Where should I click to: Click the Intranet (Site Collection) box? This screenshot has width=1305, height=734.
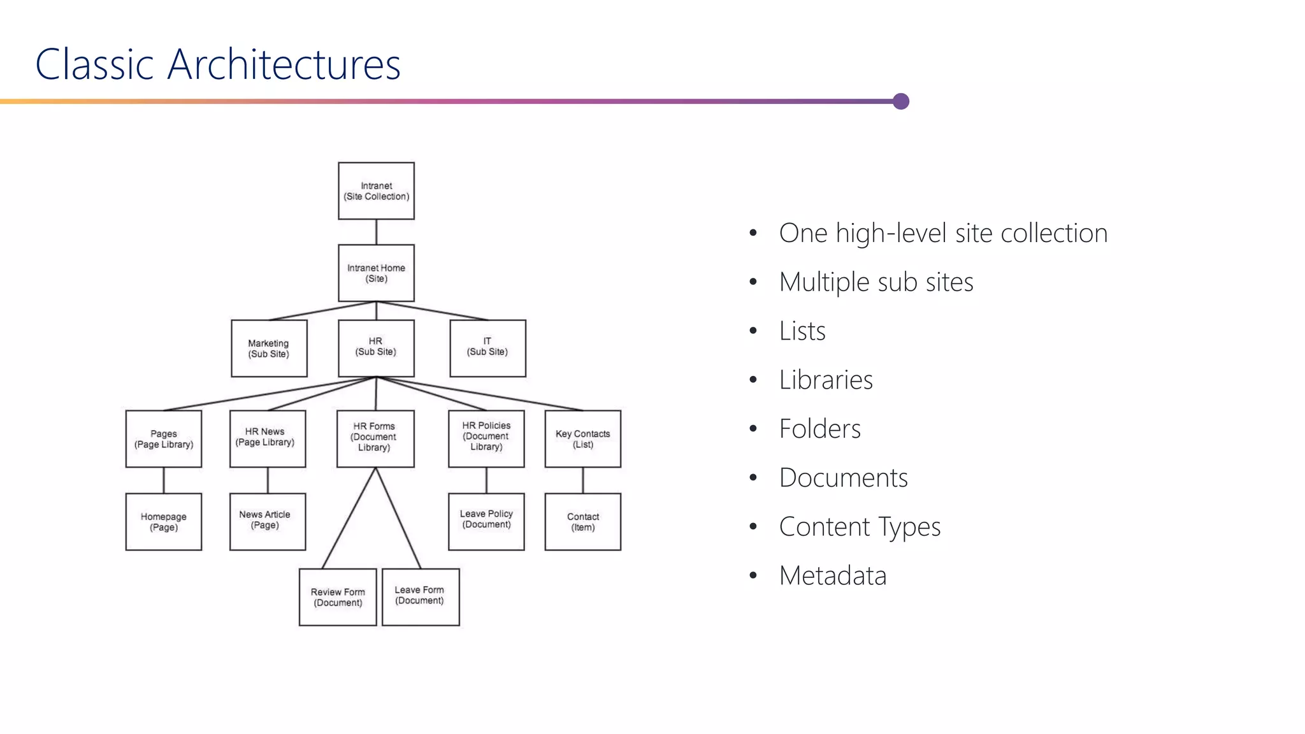(x=376, y=191)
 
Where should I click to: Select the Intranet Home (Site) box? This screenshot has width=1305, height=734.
(x=376, y=273)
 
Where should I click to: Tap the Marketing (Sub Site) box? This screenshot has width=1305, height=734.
(x=269, y=349)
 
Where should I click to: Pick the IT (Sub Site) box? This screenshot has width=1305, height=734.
(x=487, y=349)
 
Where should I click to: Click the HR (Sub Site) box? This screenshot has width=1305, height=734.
(x=376, y=349)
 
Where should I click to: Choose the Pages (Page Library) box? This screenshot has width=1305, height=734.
(x=164, y=439)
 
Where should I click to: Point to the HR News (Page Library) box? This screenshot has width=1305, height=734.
(x=268, y=439)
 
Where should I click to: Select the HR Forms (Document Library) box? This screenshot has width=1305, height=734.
(x=375, y=439)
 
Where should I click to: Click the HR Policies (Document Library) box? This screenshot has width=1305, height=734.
(x=486, y=439)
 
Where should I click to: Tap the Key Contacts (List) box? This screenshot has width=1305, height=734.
(x=582, y=439)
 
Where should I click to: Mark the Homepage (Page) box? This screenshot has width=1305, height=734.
(x=164, y=522)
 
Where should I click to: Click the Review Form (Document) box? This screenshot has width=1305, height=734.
(x=338, y=597)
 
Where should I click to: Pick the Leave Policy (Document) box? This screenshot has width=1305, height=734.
(x=486, y=522)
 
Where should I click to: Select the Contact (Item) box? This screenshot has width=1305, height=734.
(x=582, y=522)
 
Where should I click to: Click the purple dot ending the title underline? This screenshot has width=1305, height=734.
(x=900, y=101)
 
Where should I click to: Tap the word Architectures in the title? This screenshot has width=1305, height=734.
(x=284, y=64)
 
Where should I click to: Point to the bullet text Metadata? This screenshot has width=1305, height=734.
(x=832, y=576)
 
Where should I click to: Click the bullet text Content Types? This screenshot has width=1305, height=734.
(x=860, y=527)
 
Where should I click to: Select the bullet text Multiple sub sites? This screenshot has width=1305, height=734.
(x=876, y=282)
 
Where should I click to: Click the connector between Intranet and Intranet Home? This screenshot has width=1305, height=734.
(x=376, y=232)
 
